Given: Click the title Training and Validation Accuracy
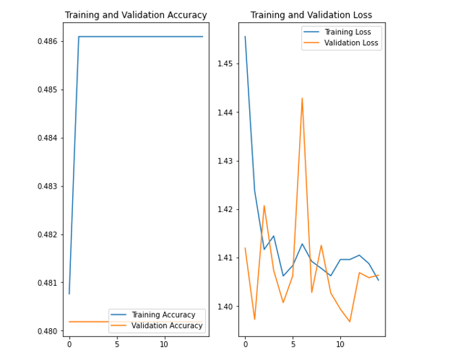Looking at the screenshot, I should click(x=136, y=16).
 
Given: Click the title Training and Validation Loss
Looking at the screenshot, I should click(x=311, y=16).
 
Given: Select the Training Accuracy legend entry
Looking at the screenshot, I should click(x=163, y=315).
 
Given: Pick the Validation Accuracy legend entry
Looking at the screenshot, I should click(x=167, y=326).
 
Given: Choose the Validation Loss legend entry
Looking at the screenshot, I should click(x=352, y=43).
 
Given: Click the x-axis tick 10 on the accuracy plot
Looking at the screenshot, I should click(x=164, y=344).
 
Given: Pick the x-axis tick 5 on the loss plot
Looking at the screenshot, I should click(x=292, y=344).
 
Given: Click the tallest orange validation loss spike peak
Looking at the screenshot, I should click(x=302, y=99).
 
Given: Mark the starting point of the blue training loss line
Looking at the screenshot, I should click(x=245, y=36).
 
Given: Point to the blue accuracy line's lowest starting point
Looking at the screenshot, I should click(x=69, y=293).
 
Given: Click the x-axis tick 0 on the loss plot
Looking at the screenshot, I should click(x=245, y=344).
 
